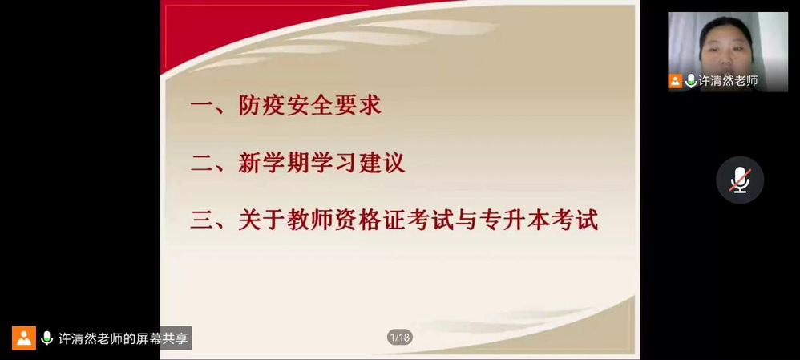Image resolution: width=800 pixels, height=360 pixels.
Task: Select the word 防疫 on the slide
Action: click(262, 106)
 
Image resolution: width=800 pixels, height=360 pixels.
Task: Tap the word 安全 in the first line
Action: click(309, 106)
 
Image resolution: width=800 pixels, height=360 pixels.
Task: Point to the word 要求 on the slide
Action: click(358, 106)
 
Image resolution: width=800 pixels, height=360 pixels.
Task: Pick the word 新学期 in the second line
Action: click(274, 164)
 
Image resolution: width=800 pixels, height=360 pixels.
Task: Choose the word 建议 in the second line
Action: click(381, 164)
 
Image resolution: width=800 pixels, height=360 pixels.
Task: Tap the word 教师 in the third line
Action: click(309, 221)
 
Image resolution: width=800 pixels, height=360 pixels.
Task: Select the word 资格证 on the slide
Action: click(370, 221)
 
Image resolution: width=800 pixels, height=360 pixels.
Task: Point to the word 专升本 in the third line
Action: click(514, 221)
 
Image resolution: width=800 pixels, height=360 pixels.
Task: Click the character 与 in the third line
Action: click(465, 221)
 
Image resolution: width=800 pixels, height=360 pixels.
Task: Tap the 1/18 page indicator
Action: click(399, 337)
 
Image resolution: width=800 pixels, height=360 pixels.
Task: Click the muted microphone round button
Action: click(740, 180)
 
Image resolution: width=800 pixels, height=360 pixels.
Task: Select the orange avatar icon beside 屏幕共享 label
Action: click(24, 338)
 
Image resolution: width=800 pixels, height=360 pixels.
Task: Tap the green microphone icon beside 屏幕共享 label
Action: click(47, 338)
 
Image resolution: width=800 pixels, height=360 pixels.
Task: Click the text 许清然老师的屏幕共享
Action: click(123, 338)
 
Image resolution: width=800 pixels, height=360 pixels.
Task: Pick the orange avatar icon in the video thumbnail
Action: click(675, 81)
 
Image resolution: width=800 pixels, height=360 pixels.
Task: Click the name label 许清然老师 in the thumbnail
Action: click(728, 81)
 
